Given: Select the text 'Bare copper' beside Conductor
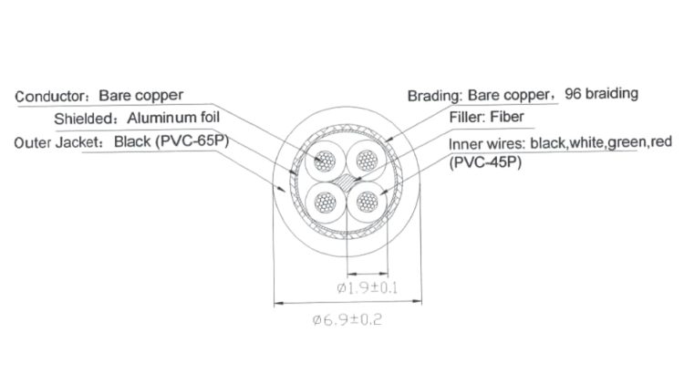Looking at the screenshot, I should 140,95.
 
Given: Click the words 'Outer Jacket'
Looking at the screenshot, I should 58,142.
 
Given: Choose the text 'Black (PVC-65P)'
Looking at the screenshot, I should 170,142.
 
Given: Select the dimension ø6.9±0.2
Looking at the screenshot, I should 346,321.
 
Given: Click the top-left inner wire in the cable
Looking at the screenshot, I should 323,162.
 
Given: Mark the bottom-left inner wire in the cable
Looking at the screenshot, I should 323,203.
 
